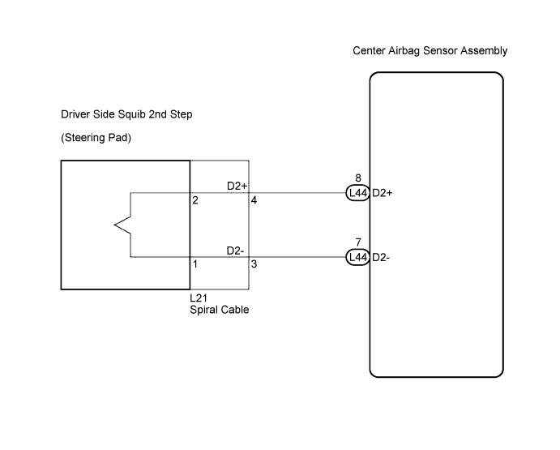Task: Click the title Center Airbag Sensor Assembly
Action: tap(430, 51)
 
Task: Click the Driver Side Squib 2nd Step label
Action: tap(126, 114)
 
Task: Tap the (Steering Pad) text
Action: tap(96, 138)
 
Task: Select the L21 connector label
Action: tap(199, 298)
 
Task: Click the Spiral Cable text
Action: tap(220, 310)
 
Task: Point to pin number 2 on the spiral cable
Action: tap(195, 200)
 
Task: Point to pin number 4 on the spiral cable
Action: tap(254, 200)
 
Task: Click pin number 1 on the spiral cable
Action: tap(195, 264)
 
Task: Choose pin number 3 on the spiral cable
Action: tap(254, 264)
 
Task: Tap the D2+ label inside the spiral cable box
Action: tap(237, 186)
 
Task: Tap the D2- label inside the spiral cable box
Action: tap(235, 251)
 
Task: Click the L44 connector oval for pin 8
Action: tap(358, 193)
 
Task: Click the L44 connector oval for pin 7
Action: tap(358, 257)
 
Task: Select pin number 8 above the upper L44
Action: tap(358, 178)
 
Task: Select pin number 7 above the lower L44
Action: tap(358, 242)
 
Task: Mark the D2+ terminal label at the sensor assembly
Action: tap(383, 193)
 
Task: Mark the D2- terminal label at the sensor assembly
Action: tap(381, 257)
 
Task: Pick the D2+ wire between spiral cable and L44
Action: tap(297, 193)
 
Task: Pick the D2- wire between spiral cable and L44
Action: tap(297, 257)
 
